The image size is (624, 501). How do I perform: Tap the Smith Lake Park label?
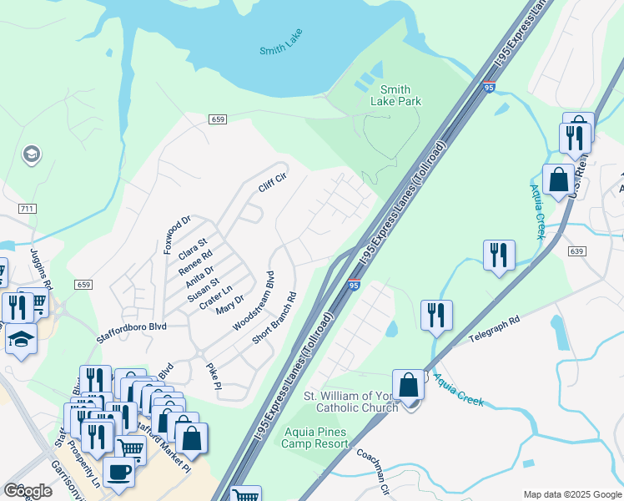click(395, 96)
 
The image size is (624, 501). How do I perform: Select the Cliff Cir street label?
click(272, 183)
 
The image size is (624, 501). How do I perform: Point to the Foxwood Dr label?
click(178, 235)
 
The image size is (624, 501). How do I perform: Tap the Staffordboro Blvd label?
click(132, 326)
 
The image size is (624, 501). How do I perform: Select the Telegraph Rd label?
click(494, 326)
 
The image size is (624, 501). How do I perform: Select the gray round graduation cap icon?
click(32, 154)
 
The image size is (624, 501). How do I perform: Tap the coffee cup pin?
click(119, 472)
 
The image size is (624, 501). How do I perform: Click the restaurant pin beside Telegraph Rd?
click(436, 316)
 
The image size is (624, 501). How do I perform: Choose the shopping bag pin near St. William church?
click(409, 387)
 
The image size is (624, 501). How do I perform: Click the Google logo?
click(28, 490)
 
